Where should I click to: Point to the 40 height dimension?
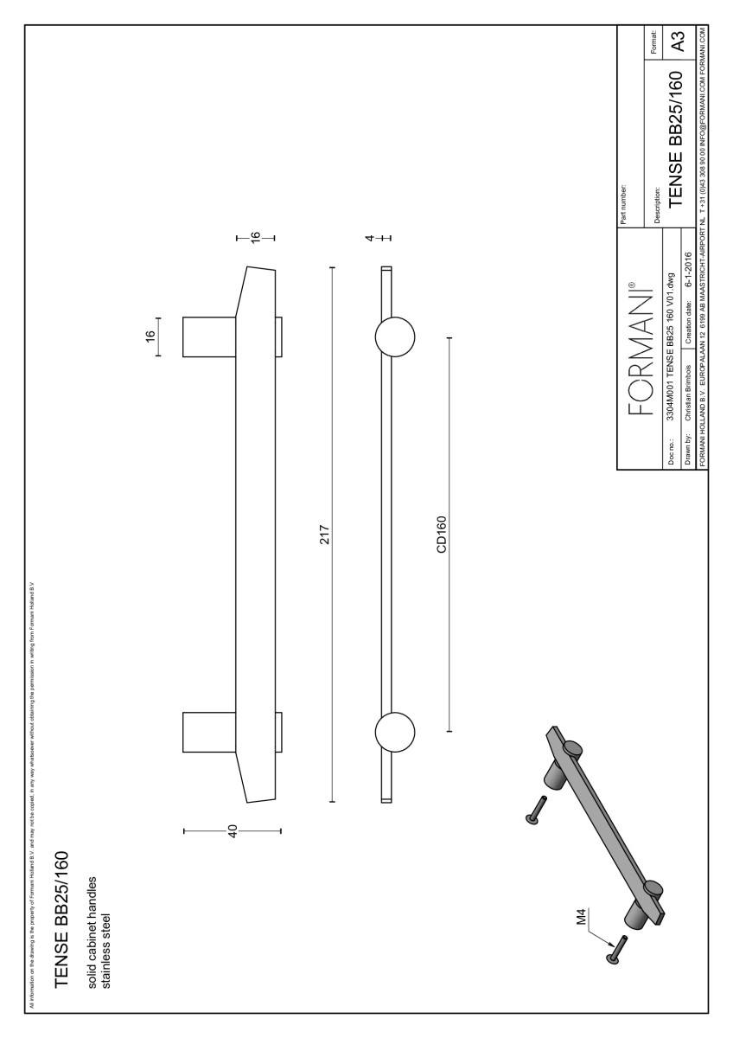[233, 831]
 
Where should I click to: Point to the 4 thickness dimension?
[369, 237]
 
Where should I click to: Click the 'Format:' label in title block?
[655, 42]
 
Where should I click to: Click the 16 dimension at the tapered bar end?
[255, 237]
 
